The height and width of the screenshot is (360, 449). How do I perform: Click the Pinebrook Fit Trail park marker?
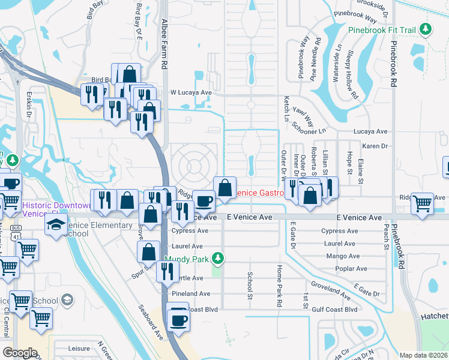click(425, 29)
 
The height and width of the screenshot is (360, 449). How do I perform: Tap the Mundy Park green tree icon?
click(220, 259)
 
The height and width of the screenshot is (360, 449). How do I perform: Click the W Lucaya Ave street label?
click(191, 92)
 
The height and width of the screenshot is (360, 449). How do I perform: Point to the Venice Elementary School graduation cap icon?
click(55, 226)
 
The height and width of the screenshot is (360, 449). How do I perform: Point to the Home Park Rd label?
click(279, 286)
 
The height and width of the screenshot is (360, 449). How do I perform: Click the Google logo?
click(20, 353)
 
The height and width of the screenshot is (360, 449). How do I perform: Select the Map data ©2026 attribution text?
click(423, 355)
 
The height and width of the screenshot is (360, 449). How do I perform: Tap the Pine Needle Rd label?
click(315, 58)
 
